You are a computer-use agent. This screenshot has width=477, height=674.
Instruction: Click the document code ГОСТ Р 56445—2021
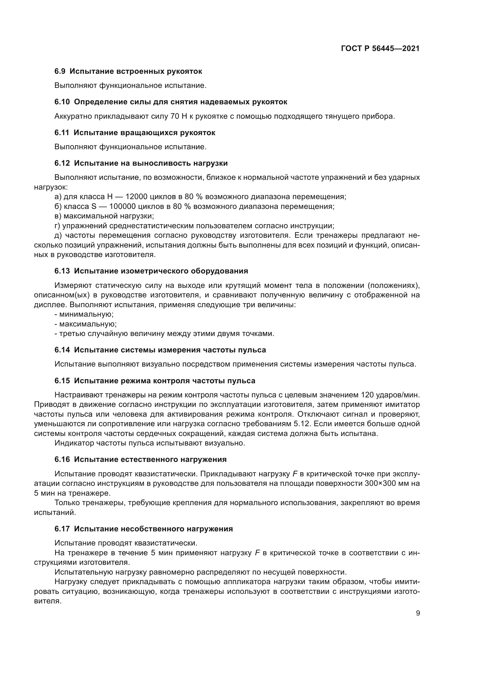point(380,49)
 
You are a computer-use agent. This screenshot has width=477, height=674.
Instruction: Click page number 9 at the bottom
point(418,613)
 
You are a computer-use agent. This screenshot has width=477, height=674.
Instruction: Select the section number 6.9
point(60,71)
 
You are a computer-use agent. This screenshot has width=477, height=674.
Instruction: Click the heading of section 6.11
point(135,133)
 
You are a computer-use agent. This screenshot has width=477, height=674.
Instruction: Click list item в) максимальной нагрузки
point(104,216)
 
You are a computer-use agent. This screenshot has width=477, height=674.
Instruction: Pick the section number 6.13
point(62,271)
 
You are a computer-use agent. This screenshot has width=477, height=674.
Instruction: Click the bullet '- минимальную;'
point(84,314)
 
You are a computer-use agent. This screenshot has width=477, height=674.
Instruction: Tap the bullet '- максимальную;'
point(85,324)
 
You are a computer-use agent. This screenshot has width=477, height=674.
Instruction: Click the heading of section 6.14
point(160,350)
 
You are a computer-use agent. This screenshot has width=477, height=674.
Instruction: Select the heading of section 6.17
point(144,529)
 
